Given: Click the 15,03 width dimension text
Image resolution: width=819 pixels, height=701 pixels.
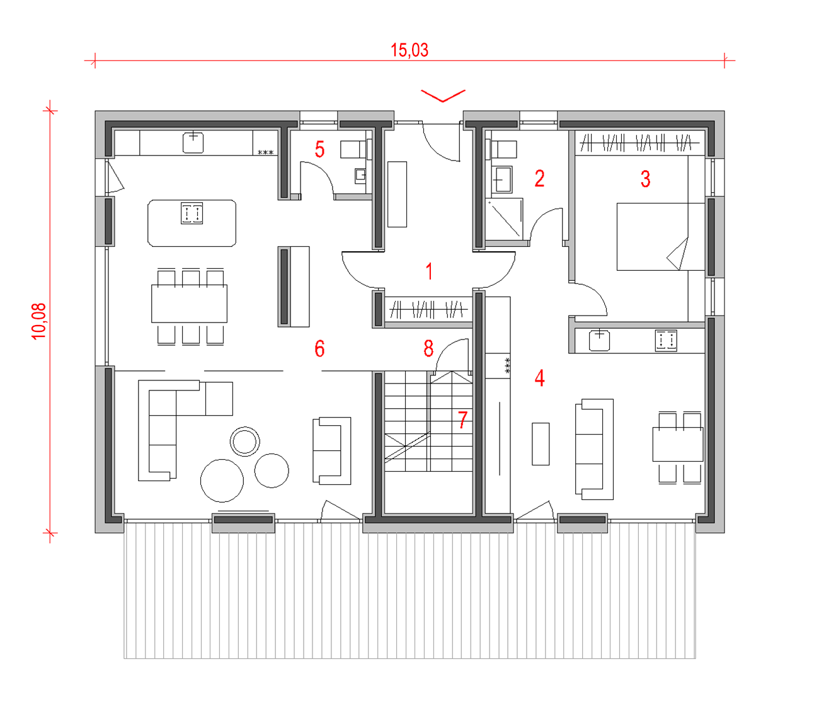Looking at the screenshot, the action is [x=409, y=50].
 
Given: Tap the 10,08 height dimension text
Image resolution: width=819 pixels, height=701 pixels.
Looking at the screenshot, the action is [x=39, y=321].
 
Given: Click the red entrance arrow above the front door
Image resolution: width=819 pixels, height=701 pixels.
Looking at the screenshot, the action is [x=443, y=96].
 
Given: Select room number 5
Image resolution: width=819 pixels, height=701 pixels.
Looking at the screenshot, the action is [x=319, y=149].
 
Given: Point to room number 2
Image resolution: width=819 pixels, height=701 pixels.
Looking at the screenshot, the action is [x=539, y=178].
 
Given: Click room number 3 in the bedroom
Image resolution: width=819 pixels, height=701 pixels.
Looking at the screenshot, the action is [x=646, y=179].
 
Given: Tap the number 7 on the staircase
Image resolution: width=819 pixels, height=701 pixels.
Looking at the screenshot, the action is [x=462, y=419].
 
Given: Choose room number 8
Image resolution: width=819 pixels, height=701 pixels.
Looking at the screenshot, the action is [x=428, y=348].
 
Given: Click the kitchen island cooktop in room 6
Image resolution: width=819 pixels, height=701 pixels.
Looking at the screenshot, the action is [x=192, y=213].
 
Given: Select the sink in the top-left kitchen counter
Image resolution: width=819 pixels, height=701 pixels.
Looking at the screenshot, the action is [x=193, y=142].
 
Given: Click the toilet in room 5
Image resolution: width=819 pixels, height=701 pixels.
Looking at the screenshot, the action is [x=356, y=149].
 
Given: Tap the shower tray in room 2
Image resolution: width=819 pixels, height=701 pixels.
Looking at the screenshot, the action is [x=505, y=219].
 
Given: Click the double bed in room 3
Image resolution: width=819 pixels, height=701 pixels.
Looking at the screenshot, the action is [x=660, y=237].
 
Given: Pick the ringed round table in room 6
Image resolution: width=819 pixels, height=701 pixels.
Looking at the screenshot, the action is [x=245, y=441].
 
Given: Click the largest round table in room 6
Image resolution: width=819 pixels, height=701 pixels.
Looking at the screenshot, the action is [x=222, y=481].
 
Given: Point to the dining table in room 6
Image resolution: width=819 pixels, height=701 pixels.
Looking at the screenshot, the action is [x=190, y=304].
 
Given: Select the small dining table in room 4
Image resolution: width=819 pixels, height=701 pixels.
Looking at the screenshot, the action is [x=678, y=444].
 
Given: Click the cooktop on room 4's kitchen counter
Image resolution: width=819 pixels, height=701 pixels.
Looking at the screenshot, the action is [x=666, y=341].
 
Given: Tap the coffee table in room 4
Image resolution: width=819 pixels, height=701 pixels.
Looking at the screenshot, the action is [x=541, y=444].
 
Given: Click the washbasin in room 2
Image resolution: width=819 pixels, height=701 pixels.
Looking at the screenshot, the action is [x=501, y=180].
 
